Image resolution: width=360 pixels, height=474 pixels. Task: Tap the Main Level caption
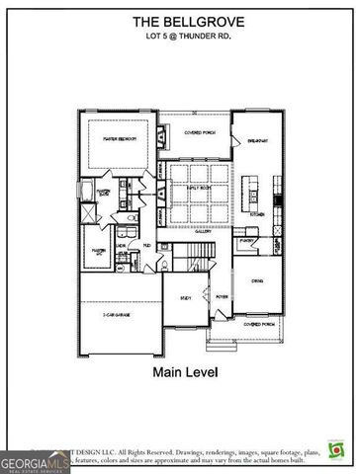click(x=179, y=372)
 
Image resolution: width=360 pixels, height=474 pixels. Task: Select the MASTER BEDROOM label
click(x=119, y=139)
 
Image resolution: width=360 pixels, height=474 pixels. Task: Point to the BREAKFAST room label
click(x=255, y=140)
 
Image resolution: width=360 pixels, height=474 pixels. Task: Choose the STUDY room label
click(x=185, y=297)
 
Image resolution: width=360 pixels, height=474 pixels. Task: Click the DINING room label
click(x=256, y=281)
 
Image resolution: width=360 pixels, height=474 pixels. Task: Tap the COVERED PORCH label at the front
click(x=259, y=323)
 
